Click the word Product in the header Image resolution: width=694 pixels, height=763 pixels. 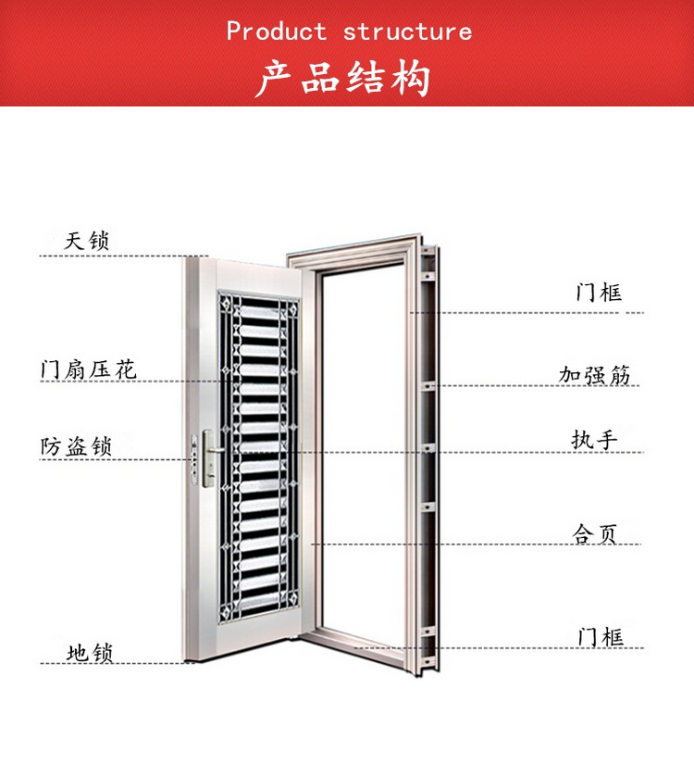tap(277, 31)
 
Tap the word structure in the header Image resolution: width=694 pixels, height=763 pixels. tap(407, 31)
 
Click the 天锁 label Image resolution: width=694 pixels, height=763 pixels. tap(88, 241)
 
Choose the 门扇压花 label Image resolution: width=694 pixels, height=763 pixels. tap(88, 369)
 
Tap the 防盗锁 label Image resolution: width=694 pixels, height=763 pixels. tap(76, 445)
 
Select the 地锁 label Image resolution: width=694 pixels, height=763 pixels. tap(90, 652)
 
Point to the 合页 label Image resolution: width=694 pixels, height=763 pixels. tap(594, 532)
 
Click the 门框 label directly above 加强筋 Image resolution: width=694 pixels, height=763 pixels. tap(599, 293)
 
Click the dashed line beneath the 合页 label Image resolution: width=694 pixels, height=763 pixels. tap(481, 544)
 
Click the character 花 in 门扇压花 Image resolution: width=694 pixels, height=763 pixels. tap(126, 369)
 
